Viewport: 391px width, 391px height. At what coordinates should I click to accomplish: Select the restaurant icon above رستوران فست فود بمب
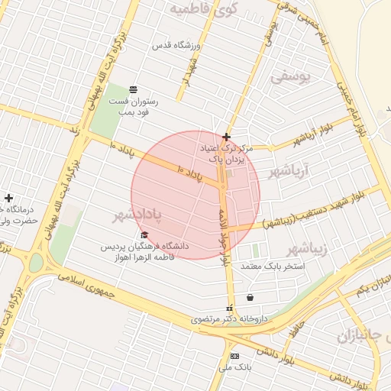pos(134,89)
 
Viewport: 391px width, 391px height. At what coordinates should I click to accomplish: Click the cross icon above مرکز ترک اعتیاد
pos(226,137)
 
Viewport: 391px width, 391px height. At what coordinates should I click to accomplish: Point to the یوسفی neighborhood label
pos(291,77)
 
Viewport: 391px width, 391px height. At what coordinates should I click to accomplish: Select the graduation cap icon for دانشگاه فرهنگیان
pos(144,234)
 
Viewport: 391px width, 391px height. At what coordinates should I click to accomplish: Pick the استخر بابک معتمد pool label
pos(273,267)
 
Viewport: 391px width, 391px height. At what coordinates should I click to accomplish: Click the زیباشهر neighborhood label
pos(306,250)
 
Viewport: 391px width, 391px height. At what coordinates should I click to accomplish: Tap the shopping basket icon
pos(250,297)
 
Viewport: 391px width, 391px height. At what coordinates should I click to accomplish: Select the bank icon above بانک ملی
pos(234,356)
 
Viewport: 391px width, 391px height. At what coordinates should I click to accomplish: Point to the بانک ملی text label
pos(234,367)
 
